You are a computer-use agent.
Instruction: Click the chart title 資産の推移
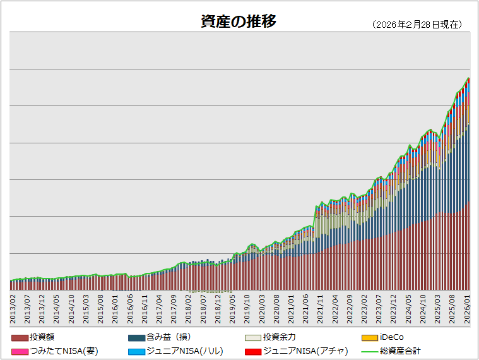coord(239,21)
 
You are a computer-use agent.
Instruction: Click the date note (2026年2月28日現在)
coord(417,25)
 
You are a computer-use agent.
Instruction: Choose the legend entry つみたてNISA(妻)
coord(64,351)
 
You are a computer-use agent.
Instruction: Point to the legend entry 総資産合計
coord(400,351)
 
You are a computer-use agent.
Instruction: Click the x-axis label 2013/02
coord(13,308)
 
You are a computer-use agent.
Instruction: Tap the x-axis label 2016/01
coord(115,308)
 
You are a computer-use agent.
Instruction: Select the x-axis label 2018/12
coord(218,308)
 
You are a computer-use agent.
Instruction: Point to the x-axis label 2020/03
coord(263,308)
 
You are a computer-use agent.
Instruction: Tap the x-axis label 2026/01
coord(468,308)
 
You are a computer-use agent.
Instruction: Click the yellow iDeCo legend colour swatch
coord(370,338)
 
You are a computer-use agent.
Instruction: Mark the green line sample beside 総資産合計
coord(370,351)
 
